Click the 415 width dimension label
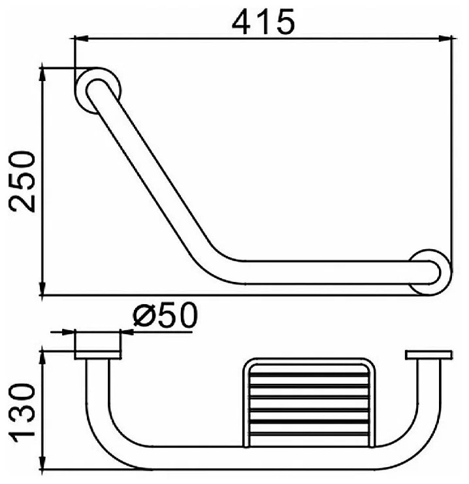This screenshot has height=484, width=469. tap(263, 22)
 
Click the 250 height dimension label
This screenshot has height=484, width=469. tap(22, 182)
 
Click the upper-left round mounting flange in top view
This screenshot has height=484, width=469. tap(98, 90)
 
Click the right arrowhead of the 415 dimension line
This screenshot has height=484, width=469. tap(445, 39)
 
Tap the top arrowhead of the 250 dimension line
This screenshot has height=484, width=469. tap(42, 75)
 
